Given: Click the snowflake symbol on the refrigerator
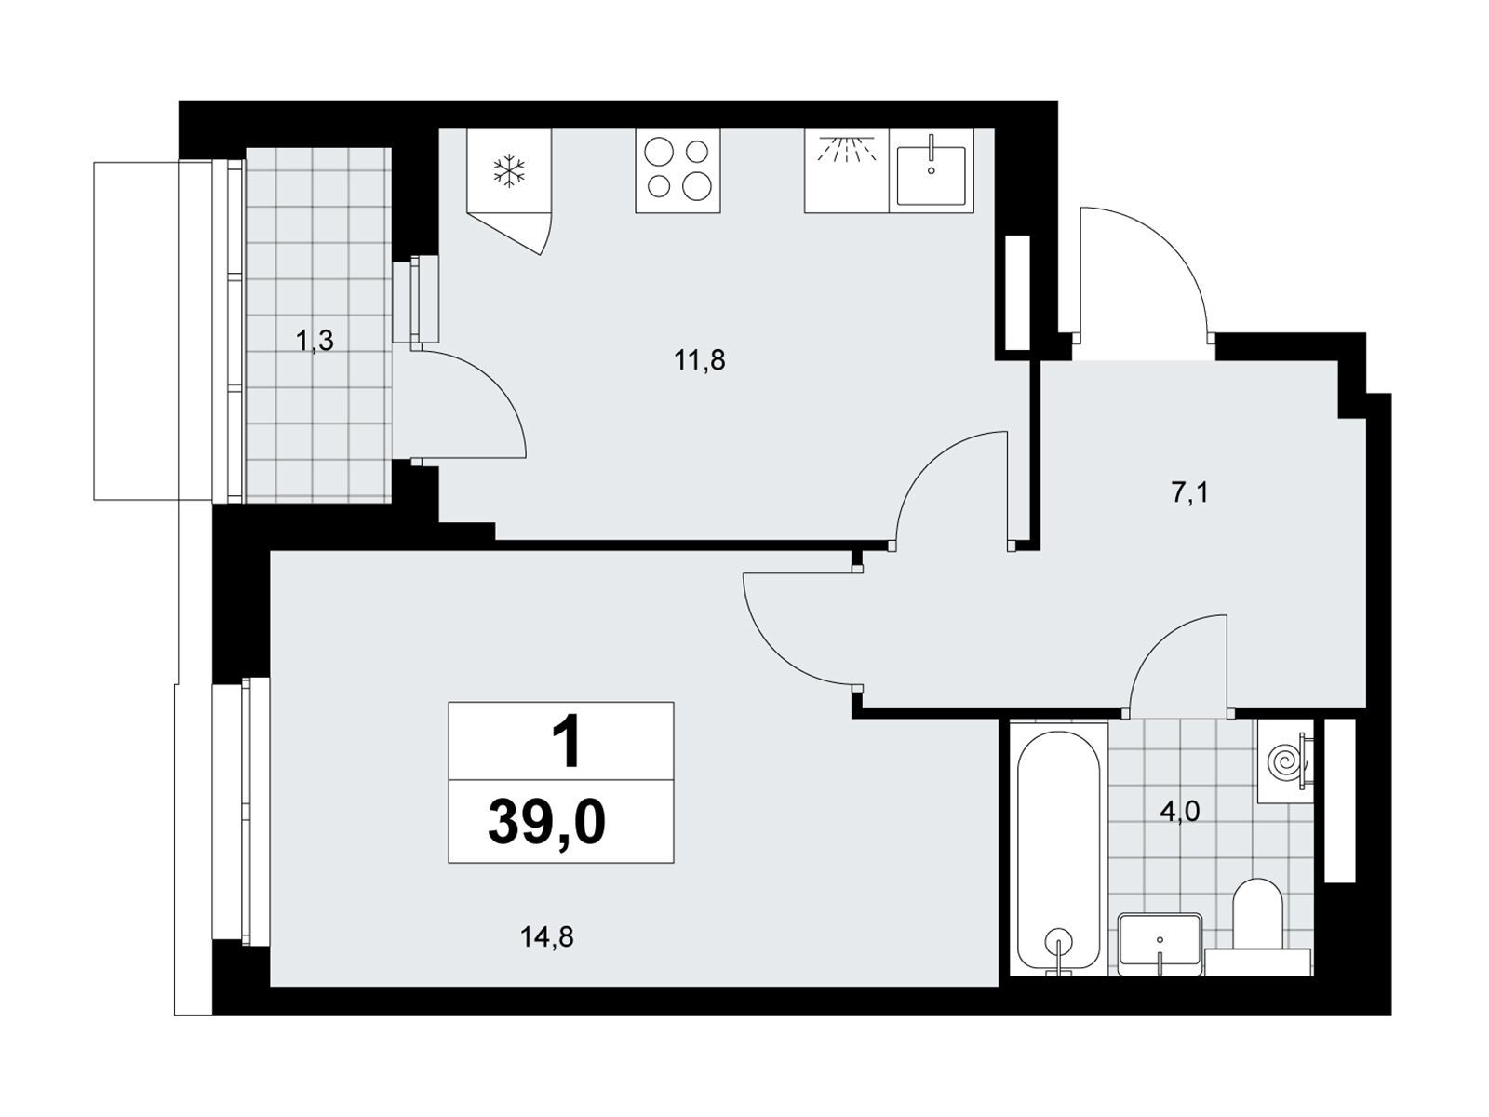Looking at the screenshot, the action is tap(509, 170).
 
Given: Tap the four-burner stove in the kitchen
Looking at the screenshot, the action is tap(677, 171).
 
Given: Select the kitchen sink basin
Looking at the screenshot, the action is tap(931, 176).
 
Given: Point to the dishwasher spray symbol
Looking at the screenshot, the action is tap(847, 149).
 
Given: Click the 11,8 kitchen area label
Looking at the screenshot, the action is tap(700, 361).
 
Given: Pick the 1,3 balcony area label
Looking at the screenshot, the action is tap(315, 341).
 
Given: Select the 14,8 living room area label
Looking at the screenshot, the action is tap(547, 937).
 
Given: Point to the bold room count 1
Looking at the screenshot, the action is tap(566, 744).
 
